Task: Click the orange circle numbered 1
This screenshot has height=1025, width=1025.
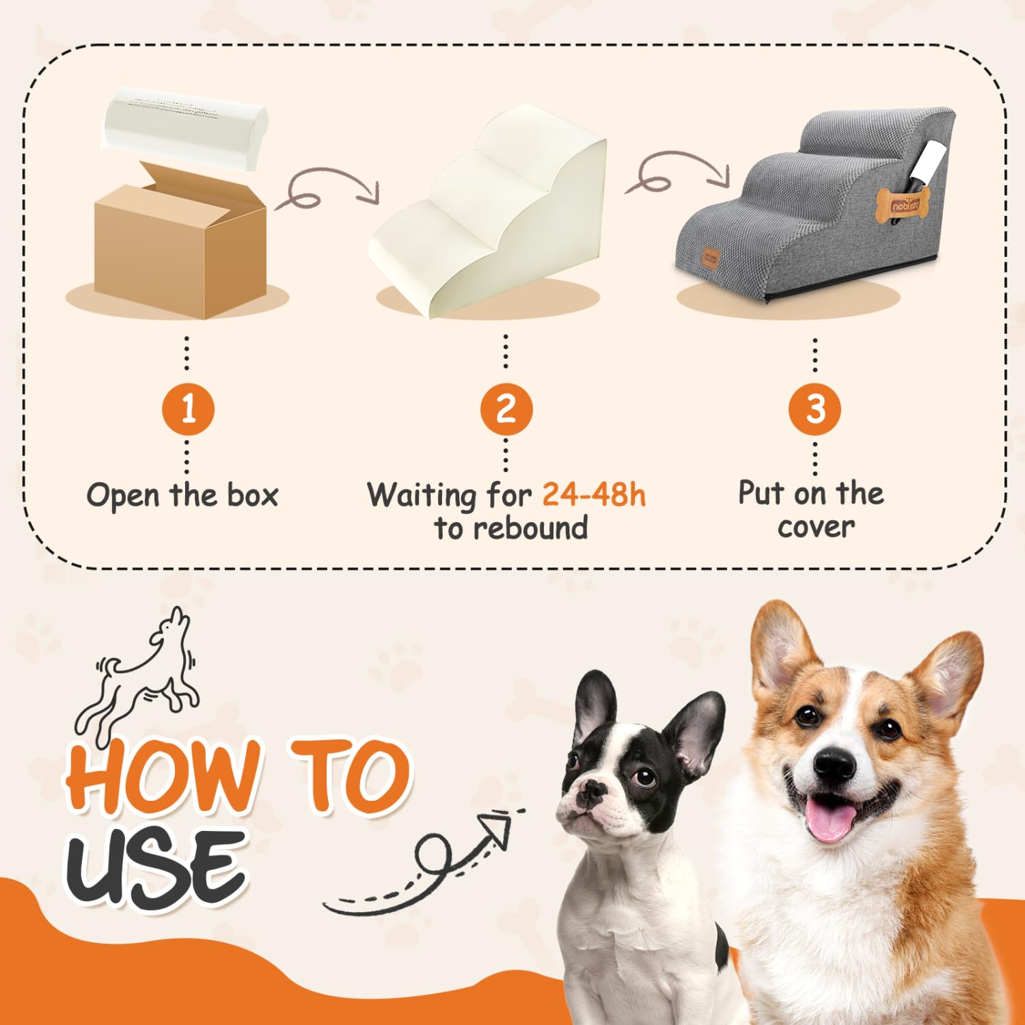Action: [189, 409]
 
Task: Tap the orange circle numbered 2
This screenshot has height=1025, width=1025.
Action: [506, 409]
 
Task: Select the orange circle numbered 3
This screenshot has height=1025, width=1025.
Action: [815, 409]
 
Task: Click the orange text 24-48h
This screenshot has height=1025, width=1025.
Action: [594, 494]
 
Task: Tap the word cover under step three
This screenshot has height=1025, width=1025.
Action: [816, 527]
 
